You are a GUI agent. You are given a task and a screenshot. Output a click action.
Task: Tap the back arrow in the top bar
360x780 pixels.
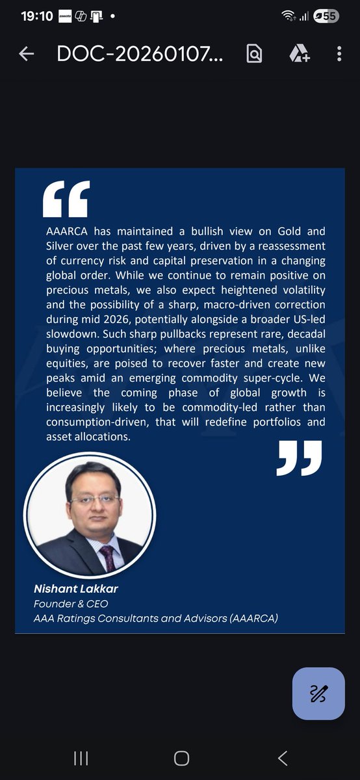point(26,54)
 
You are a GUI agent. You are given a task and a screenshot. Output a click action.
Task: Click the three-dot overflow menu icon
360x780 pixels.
point(339,54)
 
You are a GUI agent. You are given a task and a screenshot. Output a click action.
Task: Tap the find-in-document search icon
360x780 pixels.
point(253,54)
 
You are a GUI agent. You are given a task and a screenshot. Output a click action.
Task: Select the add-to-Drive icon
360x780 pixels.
point(298,54)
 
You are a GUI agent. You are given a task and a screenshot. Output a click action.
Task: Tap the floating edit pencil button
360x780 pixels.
point(318,694)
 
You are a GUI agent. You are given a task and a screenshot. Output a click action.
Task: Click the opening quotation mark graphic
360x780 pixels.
point(66,199)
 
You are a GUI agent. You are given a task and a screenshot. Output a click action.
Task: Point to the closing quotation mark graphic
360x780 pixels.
point(299,458)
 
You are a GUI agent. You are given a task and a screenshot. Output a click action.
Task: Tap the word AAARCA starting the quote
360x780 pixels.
point(68,231)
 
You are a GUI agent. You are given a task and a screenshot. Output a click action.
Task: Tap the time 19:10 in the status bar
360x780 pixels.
point(36,16)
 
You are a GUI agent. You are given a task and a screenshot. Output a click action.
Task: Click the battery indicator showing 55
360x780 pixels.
point(326,16)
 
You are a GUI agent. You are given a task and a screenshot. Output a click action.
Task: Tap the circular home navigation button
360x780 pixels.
point(181,758)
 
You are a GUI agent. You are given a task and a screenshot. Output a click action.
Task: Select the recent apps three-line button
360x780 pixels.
point(81,758)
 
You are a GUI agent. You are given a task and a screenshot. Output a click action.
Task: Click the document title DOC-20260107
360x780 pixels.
point(140,54)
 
